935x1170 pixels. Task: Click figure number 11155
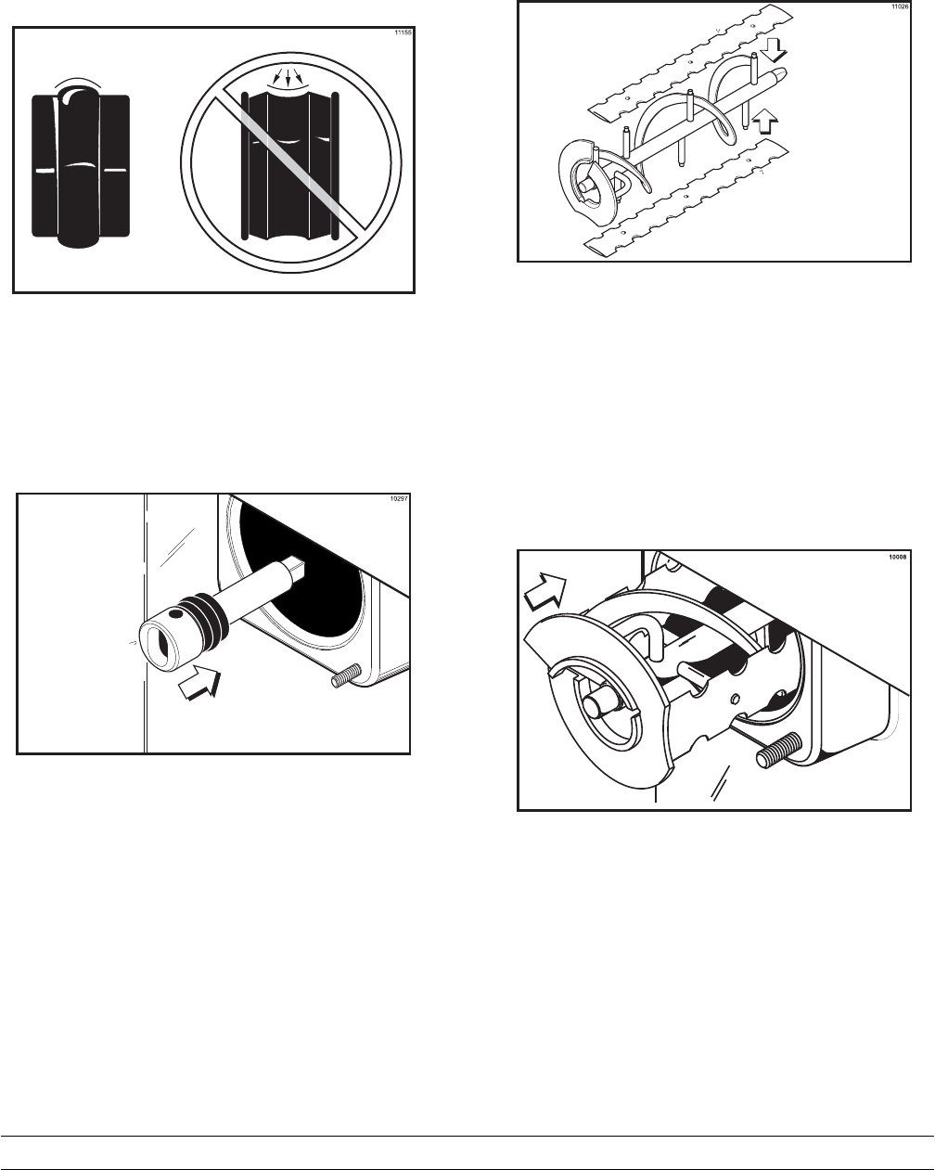pos(401,32)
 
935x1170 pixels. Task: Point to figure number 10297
pos(399,499)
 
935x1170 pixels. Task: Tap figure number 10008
pos(897,557)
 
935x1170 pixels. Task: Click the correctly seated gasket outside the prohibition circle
pos(80,167)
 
